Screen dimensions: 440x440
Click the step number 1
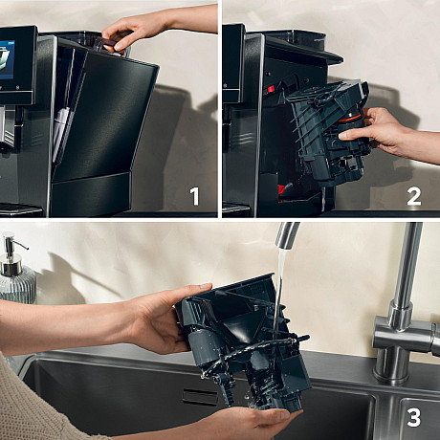click(x=194, y=197)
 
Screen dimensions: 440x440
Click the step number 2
click(x=413, y=197)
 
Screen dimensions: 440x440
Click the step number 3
click(x=413, y=417)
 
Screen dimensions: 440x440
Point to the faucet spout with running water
click(x=287, y=235)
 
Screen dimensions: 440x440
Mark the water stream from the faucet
click(x=278, y=297)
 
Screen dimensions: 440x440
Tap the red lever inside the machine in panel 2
click(x=272, y=89)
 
